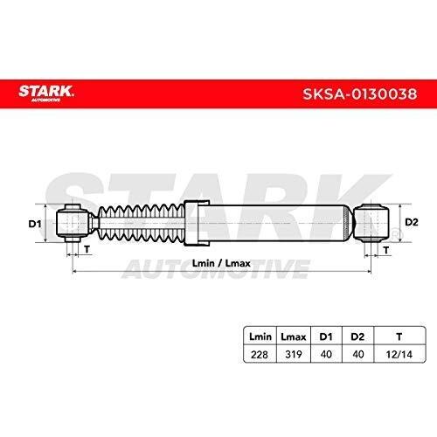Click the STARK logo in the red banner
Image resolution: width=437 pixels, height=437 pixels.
pos(46,93)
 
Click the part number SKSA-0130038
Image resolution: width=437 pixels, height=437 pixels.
pos(360,94)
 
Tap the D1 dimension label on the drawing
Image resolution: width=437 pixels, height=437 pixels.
pos(35,224)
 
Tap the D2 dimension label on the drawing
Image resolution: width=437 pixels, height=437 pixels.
pos(412,222)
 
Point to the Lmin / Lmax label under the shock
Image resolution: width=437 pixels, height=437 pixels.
pos(221,263)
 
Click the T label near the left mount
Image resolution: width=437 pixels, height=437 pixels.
pos(87,249)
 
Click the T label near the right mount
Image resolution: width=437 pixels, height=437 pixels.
pos(386,250)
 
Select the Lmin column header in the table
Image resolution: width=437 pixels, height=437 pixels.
pos(260,336)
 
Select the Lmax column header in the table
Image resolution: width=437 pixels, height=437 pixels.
pos(294,336)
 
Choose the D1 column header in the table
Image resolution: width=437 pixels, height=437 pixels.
pos(326,336)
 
